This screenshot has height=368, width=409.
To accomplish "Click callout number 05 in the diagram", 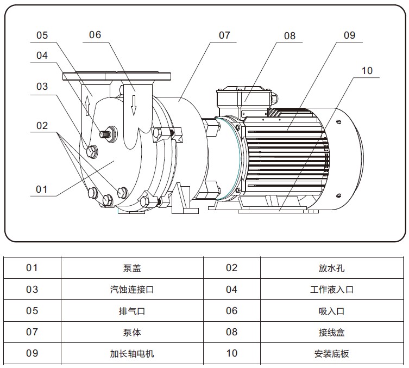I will [x=42, y=36].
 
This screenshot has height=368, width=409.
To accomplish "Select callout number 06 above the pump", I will [x=95, y=35].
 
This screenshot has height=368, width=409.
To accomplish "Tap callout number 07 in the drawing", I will [x=224, y=35].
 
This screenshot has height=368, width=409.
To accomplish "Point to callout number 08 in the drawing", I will [x=290, y=36].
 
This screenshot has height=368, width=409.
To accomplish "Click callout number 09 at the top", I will [x=349, y=35].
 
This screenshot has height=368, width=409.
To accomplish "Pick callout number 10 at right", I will [x=367, y=71].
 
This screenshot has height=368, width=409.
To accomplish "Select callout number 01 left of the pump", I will [x=42, y=189].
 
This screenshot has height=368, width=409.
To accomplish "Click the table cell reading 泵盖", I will [x=132, y=268].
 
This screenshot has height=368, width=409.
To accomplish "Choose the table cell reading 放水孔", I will [x=331, y=268].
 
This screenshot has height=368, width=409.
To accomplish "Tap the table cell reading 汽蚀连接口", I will [x=132, y=290].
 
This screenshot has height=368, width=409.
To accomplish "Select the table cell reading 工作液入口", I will [x=331, y=290].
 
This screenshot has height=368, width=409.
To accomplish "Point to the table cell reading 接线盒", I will [x=331, y=332].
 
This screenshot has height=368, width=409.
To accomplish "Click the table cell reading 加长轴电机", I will [x=132, y=353].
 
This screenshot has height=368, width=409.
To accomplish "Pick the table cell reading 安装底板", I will [x=331, y=353].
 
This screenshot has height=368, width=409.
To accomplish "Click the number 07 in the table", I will [x=32, y=332].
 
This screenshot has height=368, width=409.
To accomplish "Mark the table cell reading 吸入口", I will [x=331, y=311].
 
